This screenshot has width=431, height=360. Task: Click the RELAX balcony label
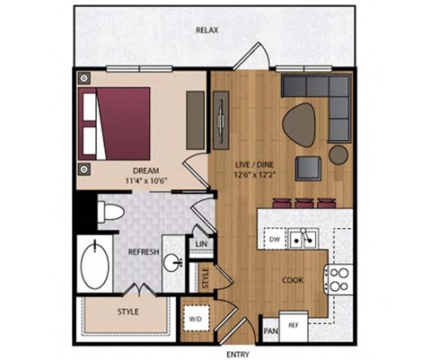207,30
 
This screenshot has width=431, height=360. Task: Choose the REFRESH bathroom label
144,252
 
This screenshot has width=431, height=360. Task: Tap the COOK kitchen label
293,280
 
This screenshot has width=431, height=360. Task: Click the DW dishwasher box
276,241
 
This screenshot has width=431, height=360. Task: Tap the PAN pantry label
270,331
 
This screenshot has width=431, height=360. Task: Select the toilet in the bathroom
110,214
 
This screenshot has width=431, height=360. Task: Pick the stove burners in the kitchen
340,279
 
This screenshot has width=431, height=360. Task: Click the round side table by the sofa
339,154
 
